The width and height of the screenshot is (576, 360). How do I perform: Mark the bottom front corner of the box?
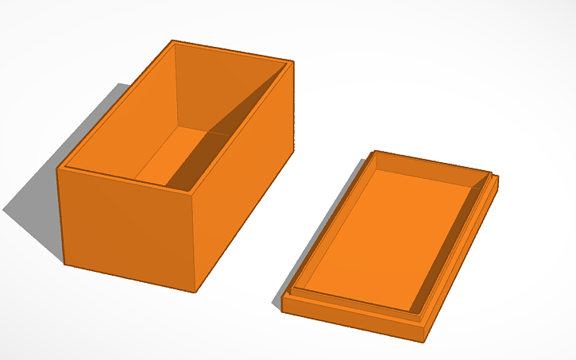point(195,291)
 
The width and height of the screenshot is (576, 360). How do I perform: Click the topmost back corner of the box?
point(172,41)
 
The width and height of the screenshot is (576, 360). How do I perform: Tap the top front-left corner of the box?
point(57,168)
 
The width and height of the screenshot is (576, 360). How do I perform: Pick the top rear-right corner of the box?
point(293,62)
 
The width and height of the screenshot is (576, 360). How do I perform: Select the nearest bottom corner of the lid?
point(425,341)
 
